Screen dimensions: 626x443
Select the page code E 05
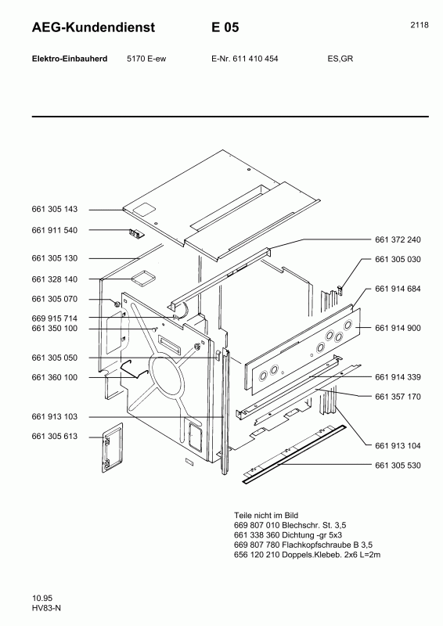(x=225, y=27)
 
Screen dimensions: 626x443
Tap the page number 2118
(x=419, y=25)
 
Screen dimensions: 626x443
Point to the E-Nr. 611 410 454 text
(x=245, y=59)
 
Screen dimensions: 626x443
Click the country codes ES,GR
(x=340, y=59)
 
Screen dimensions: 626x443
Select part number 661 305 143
(x=55, y=210)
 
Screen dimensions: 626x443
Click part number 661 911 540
(x=55, y=230)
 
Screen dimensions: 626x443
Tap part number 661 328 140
(x=55, y=279)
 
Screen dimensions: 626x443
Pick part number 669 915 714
(x=55, y=318)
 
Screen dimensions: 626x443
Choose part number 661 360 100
(x=55, y=377)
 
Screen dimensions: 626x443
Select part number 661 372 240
(x=398, y=239)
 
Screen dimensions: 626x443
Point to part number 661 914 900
(x=398, y=328)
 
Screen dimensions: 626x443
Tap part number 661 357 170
(x=398, y=397)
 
